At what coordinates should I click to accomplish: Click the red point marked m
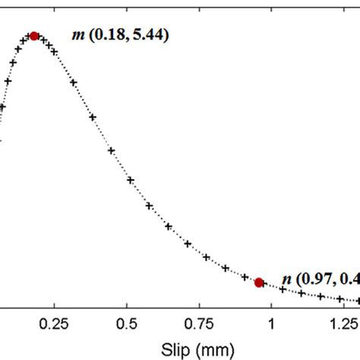[x=33, y=36]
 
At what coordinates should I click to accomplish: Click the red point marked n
[x=259, y=283]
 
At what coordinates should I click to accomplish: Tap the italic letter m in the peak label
[x=77, y=35]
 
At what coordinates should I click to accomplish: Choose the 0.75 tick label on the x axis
[x=199, y=322]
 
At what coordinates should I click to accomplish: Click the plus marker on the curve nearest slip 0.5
[x=130, y=180]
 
